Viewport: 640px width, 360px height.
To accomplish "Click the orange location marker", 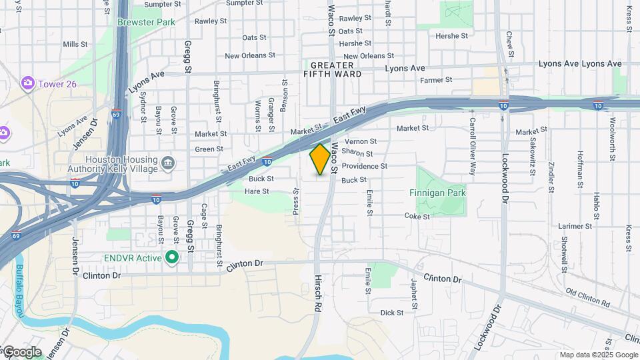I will pos(320,159).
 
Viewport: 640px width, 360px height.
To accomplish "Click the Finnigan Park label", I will pos(437,193).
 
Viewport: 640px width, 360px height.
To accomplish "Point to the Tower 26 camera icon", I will pos(28,83).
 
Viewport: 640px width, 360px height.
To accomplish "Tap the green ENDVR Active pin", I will pos(172,257).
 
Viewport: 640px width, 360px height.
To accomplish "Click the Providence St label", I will pos(365,166).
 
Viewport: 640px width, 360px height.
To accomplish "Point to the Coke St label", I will pos(417,216).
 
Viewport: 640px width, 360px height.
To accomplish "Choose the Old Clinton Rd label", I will pos(587,297).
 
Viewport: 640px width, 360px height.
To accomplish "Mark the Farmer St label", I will pos(436,80).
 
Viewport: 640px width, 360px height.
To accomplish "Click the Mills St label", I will pos(75,44).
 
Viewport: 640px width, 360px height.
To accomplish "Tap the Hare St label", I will pos(257,191).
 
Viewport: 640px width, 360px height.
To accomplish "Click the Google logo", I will pos(21,352).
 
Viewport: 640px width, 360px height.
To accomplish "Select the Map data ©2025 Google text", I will pos(599,355).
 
